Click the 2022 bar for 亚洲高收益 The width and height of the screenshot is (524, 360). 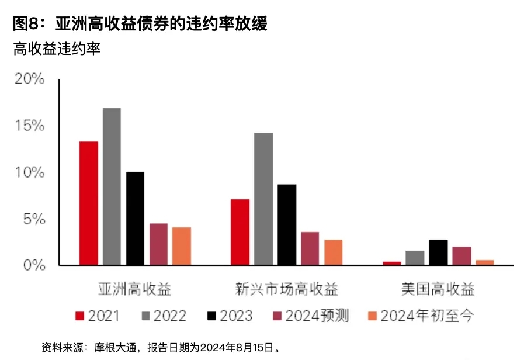pyautogui.click(x=112, y=186)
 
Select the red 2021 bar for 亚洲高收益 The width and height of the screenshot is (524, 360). pyautogui.click(x=89, y=203)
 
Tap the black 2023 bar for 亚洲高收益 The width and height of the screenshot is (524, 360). pyautogui.click(x=135, y=219)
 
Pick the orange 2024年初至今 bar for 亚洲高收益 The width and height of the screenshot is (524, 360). pyautogui.click(x=182, y=246)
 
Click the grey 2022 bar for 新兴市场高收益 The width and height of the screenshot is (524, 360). pyautogui.click(x=263, y=199)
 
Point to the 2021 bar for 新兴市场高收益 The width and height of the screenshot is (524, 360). pyautogui.click(x=240, y=232)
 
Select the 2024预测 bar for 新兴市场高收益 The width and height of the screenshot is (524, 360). pyautogui.click(x=310, y=248)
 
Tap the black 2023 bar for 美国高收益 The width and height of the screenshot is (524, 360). pyautogui.click(x=438, y=252)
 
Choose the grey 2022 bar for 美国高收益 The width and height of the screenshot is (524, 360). pyautogui.click(x=415, y=258)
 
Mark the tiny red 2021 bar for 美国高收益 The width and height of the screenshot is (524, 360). pyautogui.click(x=392, y=264)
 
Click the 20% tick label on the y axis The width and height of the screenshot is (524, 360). pyautogui.click(x=29, y=79)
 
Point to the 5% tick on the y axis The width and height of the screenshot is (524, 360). pyautogui.click(x=33, y=219)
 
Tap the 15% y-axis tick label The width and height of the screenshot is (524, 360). pyautogui.click(x=29, y=126)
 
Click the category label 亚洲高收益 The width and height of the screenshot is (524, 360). pyautogui.click(x=134, y=288)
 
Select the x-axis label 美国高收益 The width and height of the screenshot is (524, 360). pyautogui.click(x=438, y=288)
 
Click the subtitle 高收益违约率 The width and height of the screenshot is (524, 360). pyautogui.click(x=57, y=49)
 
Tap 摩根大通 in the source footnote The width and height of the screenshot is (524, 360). pyautogui.click(x=117, y=347)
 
